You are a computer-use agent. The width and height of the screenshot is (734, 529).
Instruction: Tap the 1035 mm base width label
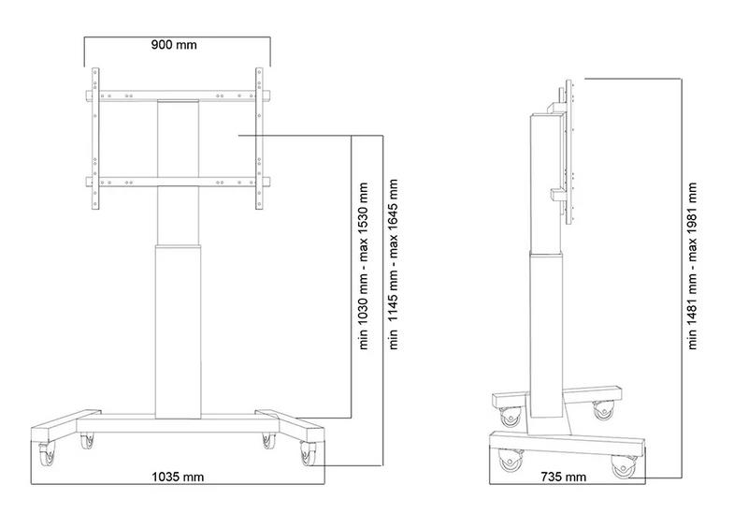178,477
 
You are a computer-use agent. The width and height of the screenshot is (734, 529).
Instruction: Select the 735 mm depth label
564,477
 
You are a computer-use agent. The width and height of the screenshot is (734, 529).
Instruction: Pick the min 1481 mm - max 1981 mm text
694,266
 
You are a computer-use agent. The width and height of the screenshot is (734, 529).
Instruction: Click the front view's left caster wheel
48,454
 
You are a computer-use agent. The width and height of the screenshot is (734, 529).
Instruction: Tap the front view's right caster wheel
308,454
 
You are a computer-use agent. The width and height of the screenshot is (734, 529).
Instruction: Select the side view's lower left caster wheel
511,461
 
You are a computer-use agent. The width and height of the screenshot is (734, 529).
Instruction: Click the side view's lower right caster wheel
624,465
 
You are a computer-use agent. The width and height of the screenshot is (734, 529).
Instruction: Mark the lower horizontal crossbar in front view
178,182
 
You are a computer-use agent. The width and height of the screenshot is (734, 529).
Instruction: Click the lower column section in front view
178,328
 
